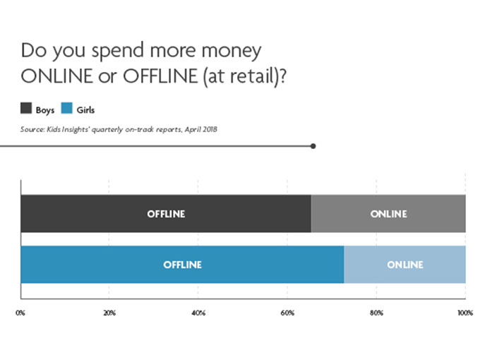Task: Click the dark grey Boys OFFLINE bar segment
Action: pyautogui.click(x=166, y=213)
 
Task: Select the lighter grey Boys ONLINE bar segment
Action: pyautogui.click(x=388, y=213)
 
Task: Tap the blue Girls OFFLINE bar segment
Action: pyautogui.click(x=182, y=265)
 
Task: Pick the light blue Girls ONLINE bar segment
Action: pyautogui.click(x=404, y=265)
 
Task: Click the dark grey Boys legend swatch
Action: pyautogui.click(x=26, y=109)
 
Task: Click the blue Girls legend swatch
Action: pyautogui.click(x=67, y=109)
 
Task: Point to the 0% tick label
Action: pyautogui.click(x=20, y=313)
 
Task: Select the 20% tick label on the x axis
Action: pyautogui.click(x=109, y=313)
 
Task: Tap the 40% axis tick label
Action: pyautogui.click(x=198, y=313)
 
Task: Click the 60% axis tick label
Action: pyautogui.click(x=287, y=313)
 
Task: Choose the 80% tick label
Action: pyautogui.click(x=376, y=313)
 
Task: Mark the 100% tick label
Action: pyautogui.click(x=465, y=313)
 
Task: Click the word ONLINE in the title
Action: pyautogui.click(x=57, y=76)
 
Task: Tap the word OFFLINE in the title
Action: pyautogui.click(x=160, y=76)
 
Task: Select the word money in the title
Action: pyautogui.click(x=232, y=51)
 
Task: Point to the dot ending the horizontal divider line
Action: pyautogui.click(x=313, y=146)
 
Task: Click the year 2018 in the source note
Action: pyautogui.click(x=210, y=129)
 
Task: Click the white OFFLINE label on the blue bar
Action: pyautogui.click(x=182, y=265)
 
